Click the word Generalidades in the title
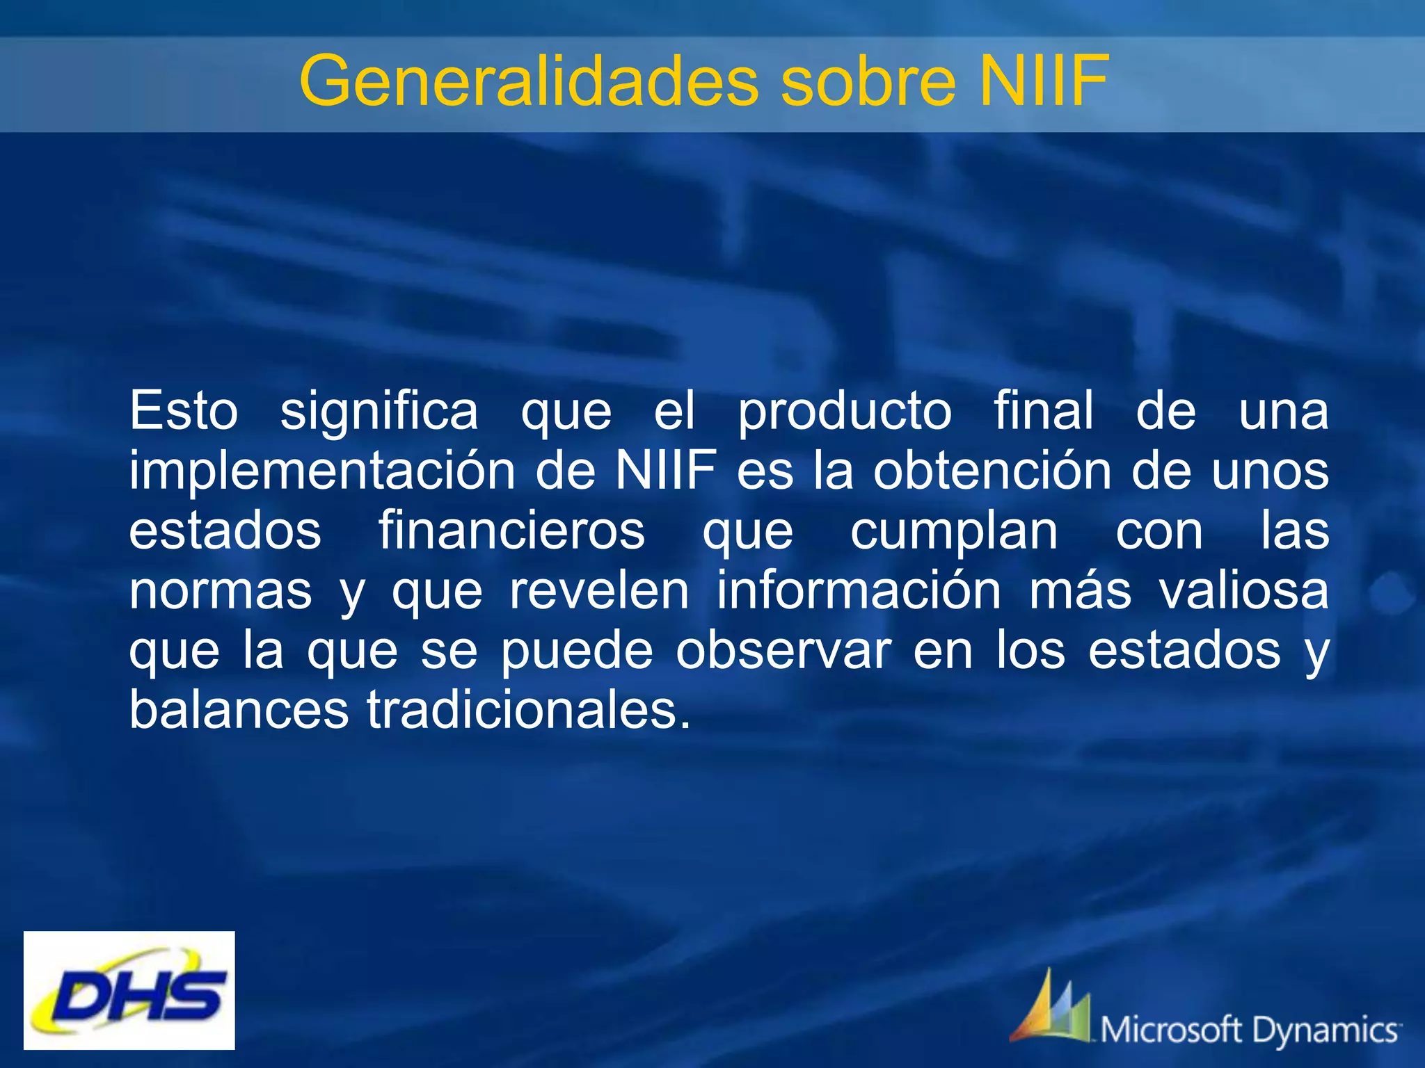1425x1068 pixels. coord(529,82)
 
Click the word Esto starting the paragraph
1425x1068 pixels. coord(184,411)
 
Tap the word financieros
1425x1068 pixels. coord(511,531)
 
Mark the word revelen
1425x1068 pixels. coord(599,591)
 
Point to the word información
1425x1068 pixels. coord(859,591)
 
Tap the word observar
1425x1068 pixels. coord(783,652)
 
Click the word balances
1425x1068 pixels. coord(239,711)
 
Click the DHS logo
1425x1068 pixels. coord(129,990)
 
